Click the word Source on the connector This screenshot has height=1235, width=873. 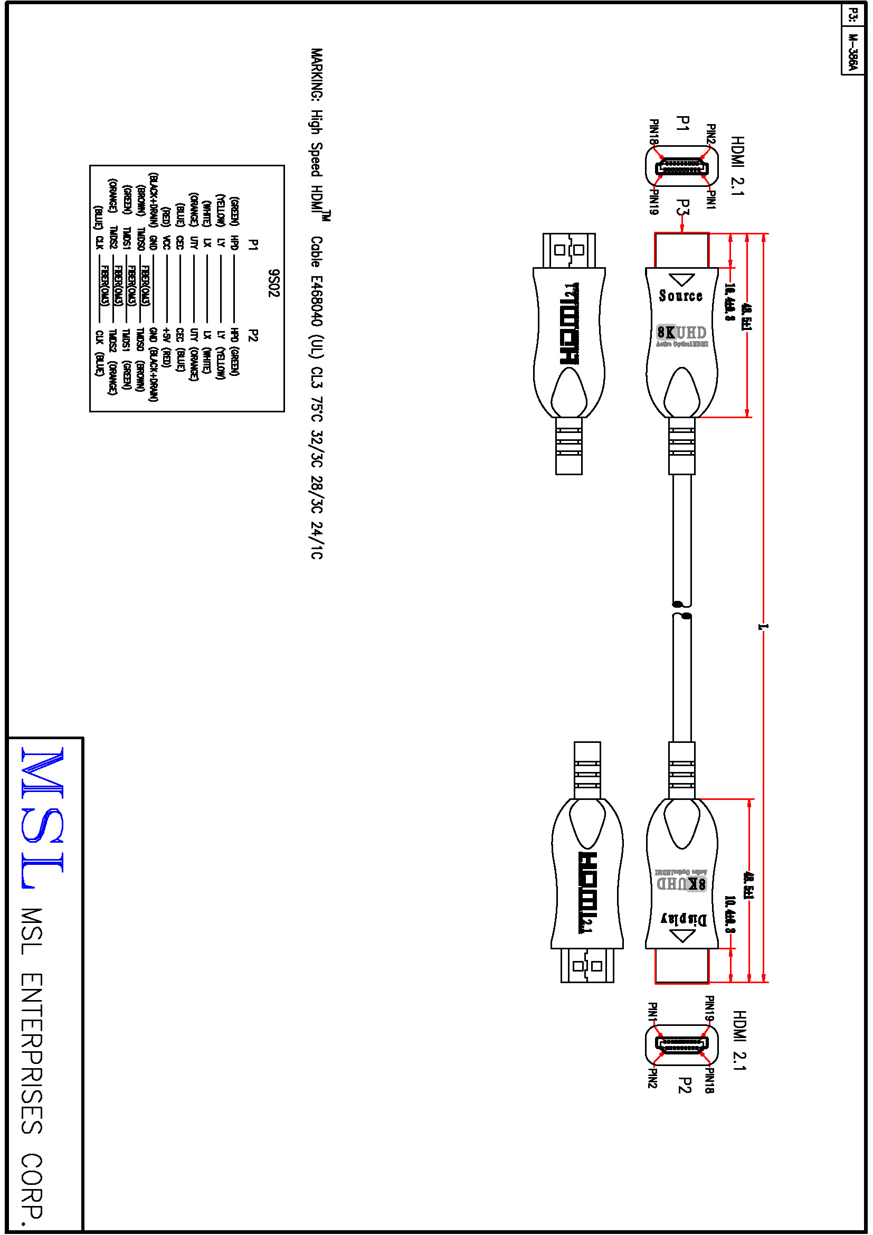680,296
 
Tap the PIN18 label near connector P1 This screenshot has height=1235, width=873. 653,133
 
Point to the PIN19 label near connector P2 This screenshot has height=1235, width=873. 709,1008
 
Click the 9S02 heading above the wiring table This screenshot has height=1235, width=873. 273,284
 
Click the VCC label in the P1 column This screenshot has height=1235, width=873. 167,242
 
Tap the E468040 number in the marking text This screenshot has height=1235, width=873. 317,300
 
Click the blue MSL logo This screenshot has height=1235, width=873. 43,817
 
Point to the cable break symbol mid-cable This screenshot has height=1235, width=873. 681,610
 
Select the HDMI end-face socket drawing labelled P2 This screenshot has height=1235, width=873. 681,1044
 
